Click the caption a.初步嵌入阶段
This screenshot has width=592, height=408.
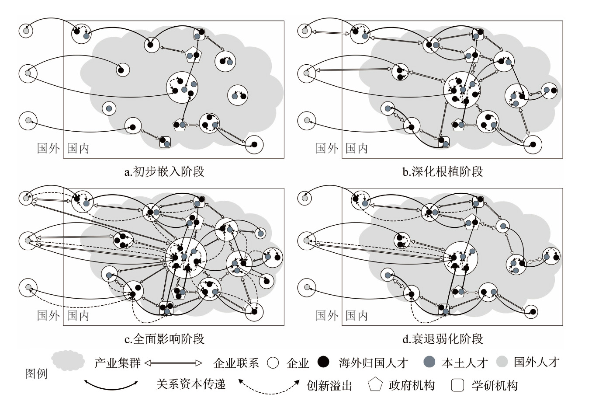(164, 171)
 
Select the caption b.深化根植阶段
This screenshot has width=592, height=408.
(443, 171)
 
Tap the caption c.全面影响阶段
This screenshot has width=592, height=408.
(164, 339)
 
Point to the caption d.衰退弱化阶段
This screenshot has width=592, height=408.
(443, 339)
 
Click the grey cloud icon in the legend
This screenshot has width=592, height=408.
(68, 360)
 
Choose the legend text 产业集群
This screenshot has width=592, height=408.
(117, 363)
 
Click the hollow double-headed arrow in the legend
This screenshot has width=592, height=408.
(173, 363)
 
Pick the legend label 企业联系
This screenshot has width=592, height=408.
(236, 363)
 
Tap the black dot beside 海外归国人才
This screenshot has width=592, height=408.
(324, 362)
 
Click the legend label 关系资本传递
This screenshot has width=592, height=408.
(191, 384)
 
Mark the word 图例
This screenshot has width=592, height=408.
(36, 374)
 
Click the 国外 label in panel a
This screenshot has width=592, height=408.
(48, 148)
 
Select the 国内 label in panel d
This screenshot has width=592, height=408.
(357, 316)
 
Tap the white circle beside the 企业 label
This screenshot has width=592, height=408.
(273, 363)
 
